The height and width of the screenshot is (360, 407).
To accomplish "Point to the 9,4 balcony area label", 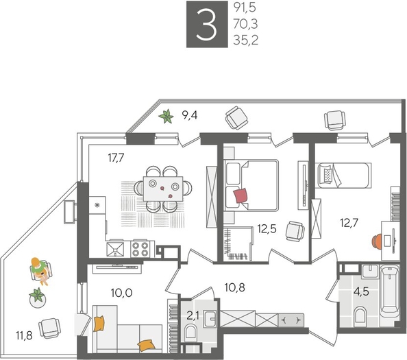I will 190,116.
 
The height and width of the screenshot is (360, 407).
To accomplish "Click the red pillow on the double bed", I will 241,196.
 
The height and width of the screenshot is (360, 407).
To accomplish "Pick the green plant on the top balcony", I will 166,117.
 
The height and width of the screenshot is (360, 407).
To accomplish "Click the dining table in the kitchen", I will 163,186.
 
